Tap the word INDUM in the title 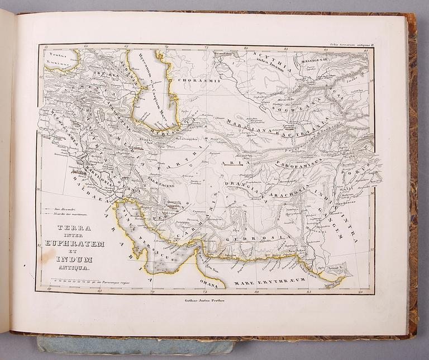(x=74, y=260)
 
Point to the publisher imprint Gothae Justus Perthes (x=207, y=301)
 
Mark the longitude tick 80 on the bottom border (x=256, y=291)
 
